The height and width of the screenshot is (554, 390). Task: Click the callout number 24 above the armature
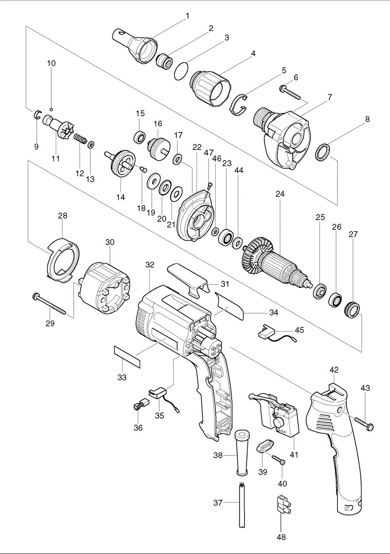pos(280,194)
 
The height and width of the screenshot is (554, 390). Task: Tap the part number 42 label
pos(334,370)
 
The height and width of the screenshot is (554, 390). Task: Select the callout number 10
pos(51,64)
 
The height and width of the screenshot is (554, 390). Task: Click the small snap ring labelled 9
pos(38,115)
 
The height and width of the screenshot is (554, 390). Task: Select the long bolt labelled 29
pos(49,303)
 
